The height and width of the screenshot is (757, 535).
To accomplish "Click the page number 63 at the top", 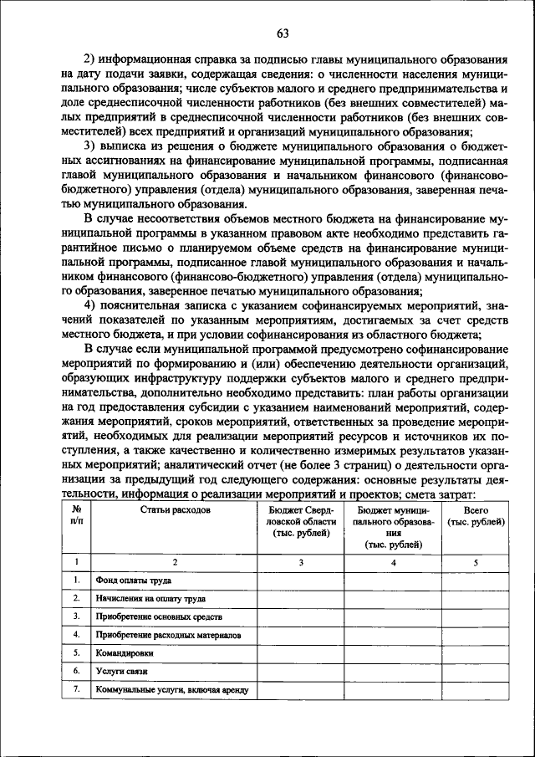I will click(x=282, y=33).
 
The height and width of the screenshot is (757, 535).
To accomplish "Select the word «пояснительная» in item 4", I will click(x=140, y=306).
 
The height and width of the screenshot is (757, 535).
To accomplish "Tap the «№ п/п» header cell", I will click(x=76, y=515).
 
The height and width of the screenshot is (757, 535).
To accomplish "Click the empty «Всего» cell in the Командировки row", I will click(x=476, y=652).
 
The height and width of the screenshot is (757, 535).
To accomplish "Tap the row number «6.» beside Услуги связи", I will click(x=76, y=671).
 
